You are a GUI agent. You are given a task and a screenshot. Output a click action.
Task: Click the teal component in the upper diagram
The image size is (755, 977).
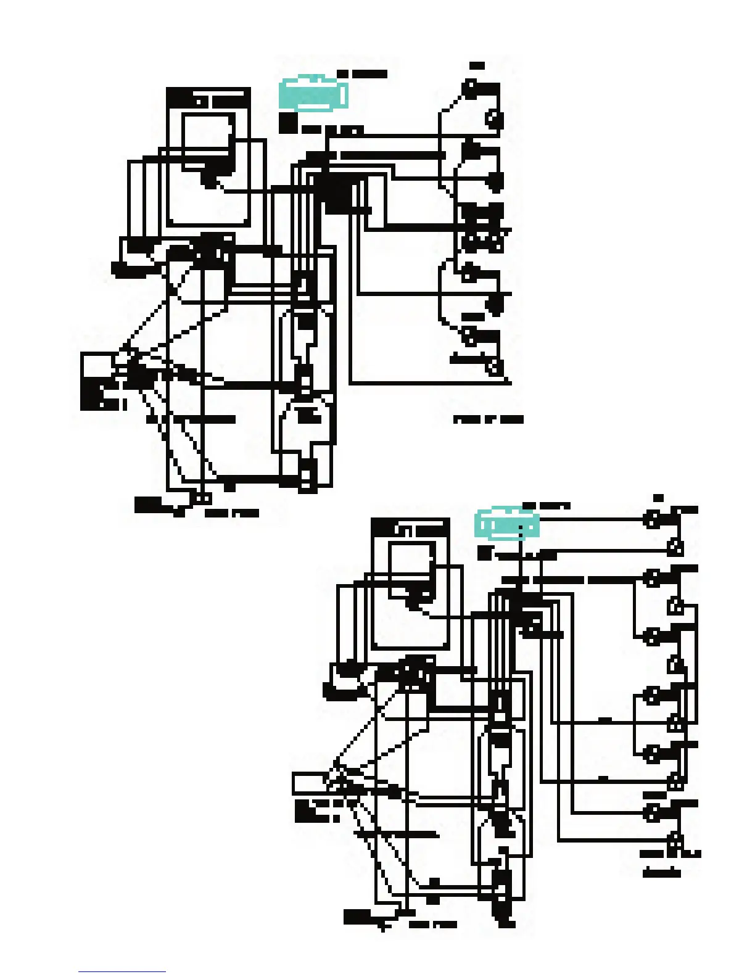[312, 94]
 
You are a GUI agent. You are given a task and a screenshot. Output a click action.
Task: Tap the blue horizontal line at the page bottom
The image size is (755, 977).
[122, 972]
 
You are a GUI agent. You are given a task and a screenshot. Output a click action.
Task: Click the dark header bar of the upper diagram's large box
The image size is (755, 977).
[208, 98]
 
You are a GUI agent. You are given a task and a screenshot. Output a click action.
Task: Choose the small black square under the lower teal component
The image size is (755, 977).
[485, 553]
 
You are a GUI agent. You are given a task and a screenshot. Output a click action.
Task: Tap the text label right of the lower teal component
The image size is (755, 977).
[546, 506]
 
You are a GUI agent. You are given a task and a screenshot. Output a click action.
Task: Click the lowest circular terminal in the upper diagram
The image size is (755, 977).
[494, 368]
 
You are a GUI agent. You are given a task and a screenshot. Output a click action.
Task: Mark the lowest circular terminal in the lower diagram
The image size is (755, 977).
[676, 839]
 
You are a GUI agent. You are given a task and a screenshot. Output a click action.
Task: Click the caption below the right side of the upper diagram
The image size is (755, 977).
[489, 420]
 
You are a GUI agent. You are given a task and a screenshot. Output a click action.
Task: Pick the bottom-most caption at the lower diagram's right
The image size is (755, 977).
[662, 873]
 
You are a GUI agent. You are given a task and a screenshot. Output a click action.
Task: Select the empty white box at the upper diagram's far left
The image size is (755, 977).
[97, 364]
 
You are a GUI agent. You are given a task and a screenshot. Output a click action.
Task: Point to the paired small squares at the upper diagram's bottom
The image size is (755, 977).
[203, 498]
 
